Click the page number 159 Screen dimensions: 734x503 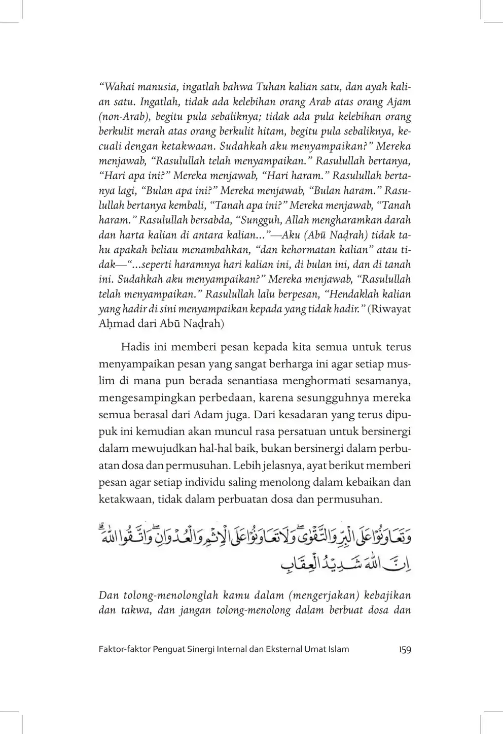405,649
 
